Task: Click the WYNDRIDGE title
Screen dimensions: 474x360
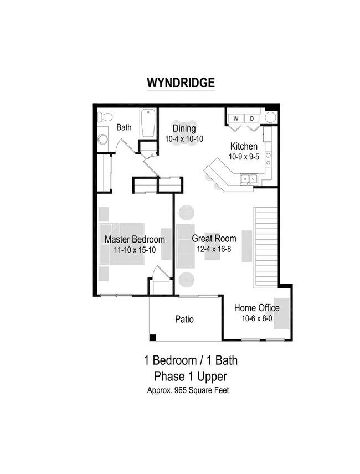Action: point(180,83)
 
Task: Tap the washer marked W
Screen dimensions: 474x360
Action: point(235,118)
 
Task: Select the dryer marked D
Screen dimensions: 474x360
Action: point(251,118)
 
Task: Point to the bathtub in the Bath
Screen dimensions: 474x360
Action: point(147,123)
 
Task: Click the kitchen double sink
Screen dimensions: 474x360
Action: point(248,178)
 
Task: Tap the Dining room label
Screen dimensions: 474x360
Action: point(184,128)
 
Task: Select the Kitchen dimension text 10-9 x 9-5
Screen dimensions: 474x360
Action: point(244,156)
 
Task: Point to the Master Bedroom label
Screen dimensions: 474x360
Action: point(135,240)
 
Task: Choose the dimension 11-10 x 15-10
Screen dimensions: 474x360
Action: point(135,250)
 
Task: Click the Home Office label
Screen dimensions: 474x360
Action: point(256,308)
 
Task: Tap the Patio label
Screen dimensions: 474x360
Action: point(184,320)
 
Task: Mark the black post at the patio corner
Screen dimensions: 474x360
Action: point(153,337)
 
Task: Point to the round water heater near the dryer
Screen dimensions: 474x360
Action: point(271,117)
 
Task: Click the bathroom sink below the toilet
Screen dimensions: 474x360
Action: point(102,138)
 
